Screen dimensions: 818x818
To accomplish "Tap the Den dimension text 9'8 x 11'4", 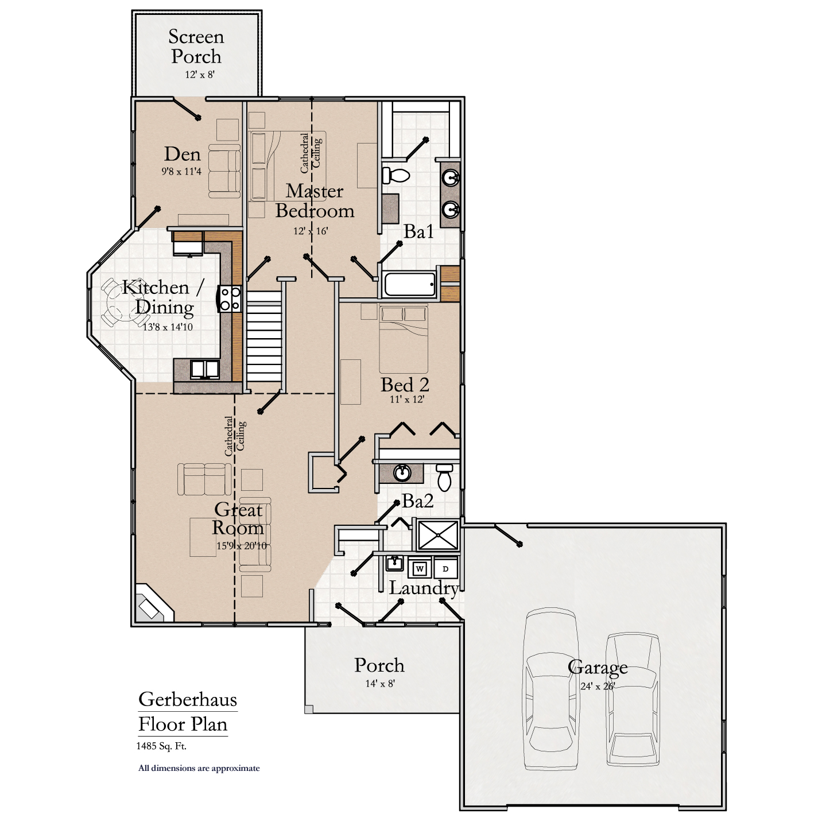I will click(181, 171).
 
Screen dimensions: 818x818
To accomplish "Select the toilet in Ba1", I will click(396, 175).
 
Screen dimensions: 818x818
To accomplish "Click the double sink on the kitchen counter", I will click(205, 369).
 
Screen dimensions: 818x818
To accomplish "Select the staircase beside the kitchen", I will click(265, 339).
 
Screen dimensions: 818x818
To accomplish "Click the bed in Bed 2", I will click(404, 339).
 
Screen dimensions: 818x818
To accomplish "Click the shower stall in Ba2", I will click(438, 535).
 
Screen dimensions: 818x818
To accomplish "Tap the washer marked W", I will click(420, 569).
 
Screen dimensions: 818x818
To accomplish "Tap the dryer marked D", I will click(445, 569).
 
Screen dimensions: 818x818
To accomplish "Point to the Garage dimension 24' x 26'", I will click(598, 686).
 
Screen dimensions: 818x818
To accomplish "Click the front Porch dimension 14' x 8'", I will click(380, 683).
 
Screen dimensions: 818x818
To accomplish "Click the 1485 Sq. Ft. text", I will click(161, 746).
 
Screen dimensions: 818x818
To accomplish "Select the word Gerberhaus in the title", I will click(187, 699).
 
